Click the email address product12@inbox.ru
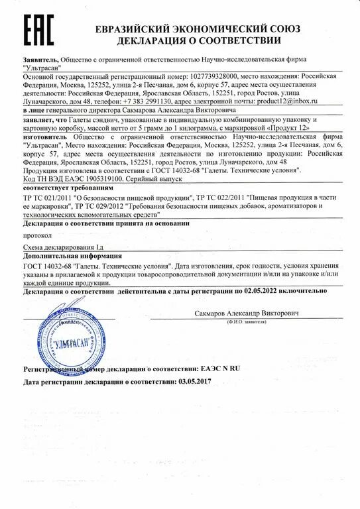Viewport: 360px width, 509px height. pyautogui.click(x=287, y=101)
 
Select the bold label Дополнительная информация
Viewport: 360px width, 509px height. pyautogui.click(x=70, y=256)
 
